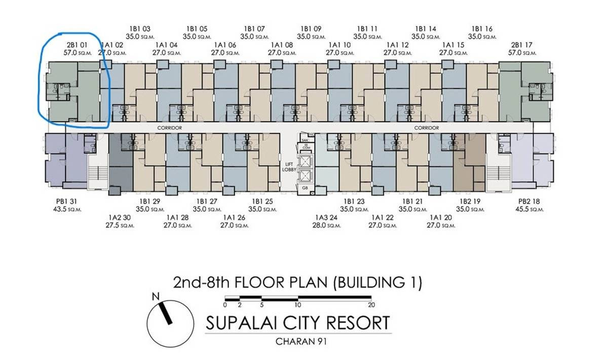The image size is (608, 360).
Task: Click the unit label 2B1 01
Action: (74, 45)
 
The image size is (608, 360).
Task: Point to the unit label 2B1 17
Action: (522, 45)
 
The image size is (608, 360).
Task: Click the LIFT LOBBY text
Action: (289, 168)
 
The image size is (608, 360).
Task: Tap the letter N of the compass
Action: (156, 296)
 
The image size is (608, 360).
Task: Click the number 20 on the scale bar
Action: (371, 305)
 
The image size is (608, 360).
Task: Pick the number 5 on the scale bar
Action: (262, 305)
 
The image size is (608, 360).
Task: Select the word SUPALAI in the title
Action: (245, 323)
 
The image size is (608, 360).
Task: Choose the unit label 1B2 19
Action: (468, 201)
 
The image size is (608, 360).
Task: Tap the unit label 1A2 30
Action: (120, 218)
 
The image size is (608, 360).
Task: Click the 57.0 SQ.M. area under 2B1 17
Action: (522, 52)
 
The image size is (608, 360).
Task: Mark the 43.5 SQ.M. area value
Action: (67, 209)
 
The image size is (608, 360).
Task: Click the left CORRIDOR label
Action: (170, 128)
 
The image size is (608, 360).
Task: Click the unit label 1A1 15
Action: (452, 45)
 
